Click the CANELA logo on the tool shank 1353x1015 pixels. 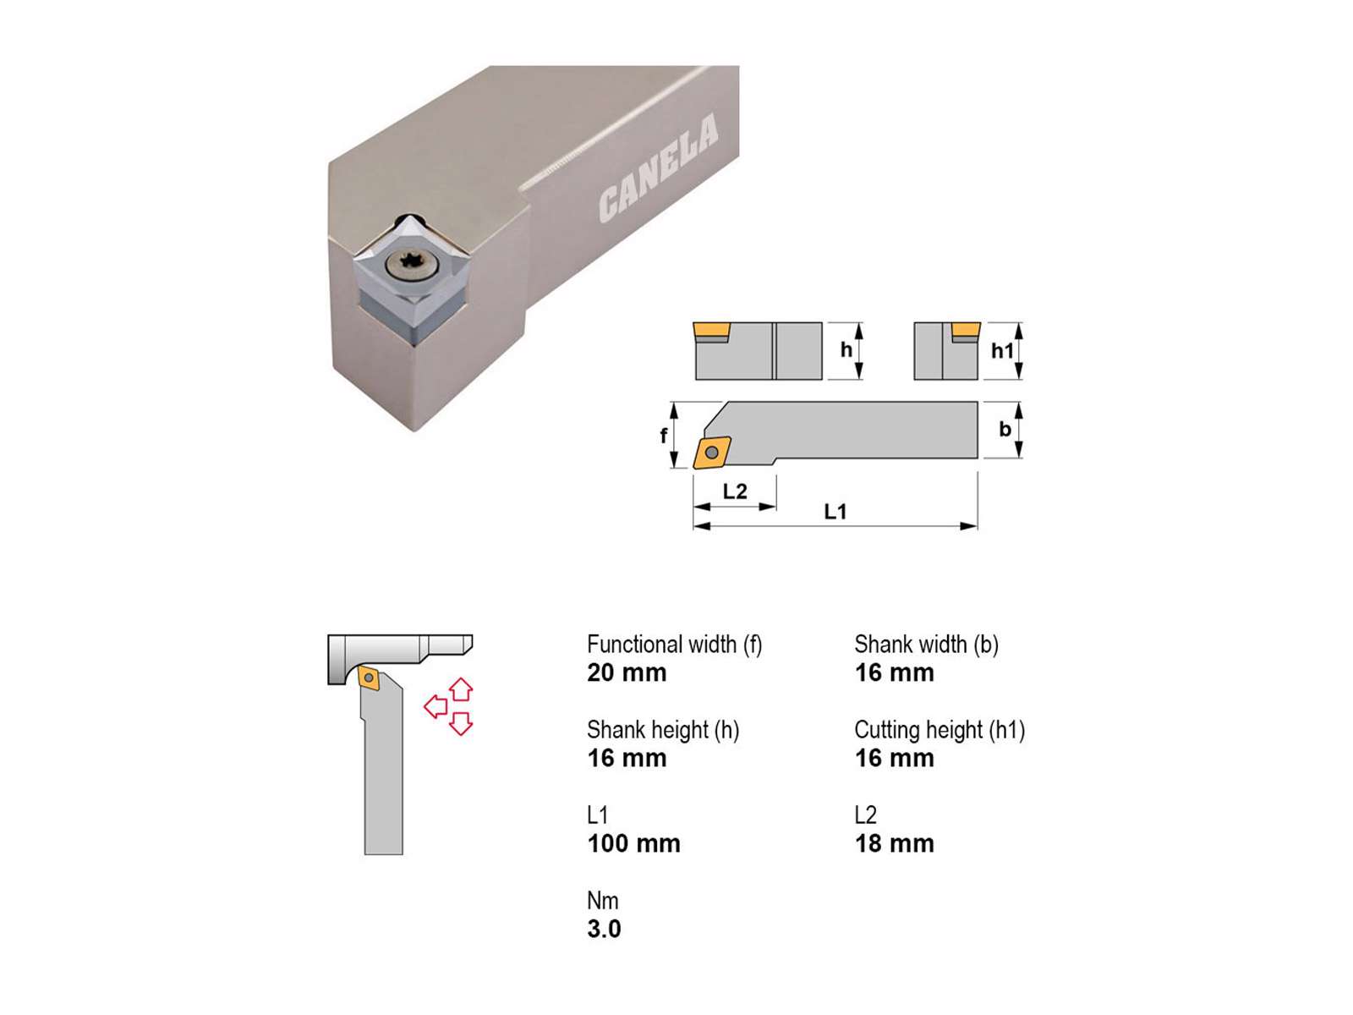click(x=658, y=167)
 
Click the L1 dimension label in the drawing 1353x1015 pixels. click(x=835, y=512)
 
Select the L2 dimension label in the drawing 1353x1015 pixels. click(x=735, y=491)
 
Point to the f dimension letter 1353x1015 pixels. click(x=663, y=436)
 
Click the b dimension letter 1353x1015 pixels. click(x=1005, y=429)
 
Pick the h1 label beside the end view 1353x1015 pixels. click(x=1002, y=351)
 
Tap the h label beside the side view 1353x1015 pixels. click(x=846, y=350)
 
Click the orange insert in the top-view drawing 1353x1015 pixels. click(x=712, y=453)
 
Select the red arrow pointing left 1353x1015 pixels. click(x=435, y=706)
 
